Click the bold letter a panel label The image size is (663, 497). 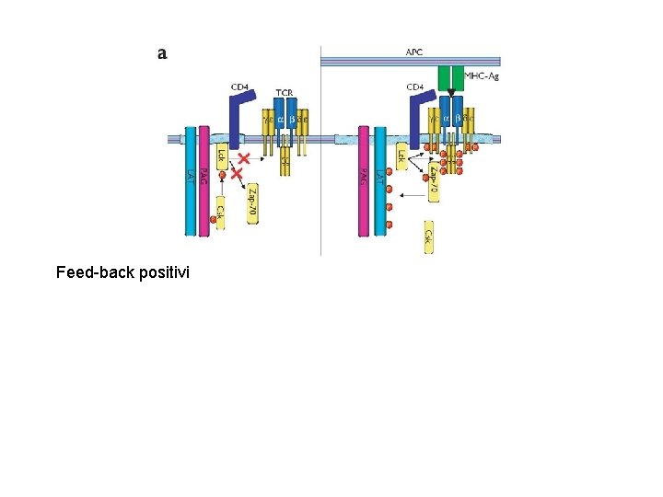click(x=162, y=53)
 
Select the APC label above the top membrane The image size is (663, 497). click(x=414, y=52)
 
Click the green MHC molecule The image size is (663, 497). click(x=450, y=76)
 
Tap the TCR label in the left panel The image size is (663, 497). click(x=285, y=92)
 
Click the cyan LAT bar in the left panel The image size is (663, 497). click(x=190, y=184)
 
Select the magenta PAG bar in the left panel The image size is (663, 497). click(x=204, y=184)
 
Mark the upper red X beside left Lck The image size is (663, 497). click(x=244, y=158)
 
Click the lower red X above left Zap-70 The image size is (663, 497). click(x=238, y=173)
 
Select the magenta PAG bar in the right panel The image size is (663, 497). click(x=364, y=184)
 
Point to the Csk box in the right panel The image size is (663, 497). click(x=429, y=237)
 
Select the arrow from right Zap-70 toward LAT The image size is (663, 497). click(x=411, y=195)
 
